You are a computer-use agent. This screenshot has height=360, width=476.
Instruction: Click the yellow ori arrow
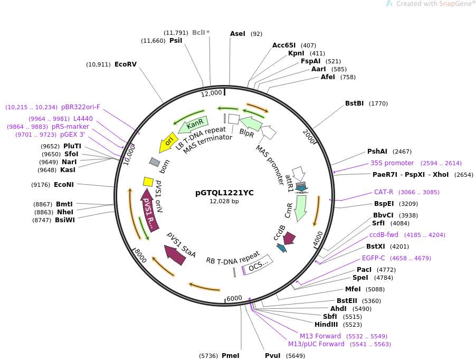click(x=167, y=143)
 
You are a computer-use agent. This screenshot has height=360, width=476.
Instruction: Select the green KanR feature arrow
click(x=193, y=125)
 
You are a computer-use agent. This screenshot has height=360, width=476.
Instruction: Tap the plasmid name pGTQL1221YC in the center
click(x=224, y=193)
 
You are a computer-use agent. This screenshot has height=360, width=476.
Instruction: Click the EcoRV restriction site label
click(x=126, y=64)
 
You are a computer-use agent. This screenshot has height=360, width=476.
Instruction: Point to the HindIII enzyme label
click(x=326, y=325)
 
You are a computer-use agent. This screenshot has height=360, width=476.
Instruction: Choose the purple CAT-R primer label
click(x=384, y=192)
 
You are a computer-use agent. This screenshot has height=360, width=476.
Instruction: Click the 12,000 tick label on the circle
click(x=211, y=93)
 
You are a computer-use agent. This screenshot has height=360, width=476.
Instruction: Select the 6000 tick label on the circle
click(x=234, y=298)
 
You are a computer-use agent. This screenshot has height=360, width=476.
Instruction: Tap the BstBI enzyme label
click(x=354, y=103)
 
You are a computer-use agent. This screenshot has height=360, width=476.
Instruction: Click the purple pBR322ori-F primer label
click(x=80, y=107)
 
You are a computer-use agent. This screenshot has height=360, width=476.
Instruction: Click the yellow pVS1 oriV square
click(x=148, y=182)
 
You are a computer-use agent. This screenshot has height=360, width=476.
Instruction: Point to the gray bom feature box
click(x=155, y=162)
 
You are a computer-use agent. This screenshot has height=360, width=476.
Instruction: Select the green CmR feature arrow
click(x=301, y=208)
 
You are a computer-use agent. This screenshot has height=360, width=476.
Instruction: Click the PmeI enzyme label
click(x=231, y=356)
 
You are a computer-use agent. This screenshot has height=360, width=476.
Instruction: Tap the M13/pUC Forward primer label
click(x=316, y=344)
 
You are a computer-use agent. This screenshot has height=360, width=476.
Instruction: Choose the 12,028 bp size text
click(x=224, y=201)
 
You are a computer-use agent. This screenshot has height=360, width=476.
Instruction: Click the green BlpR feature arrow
click(x=251, y=124)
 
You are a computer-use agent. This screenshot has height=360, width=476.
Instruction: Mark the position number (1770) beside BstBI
click(x=378, y=103)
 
